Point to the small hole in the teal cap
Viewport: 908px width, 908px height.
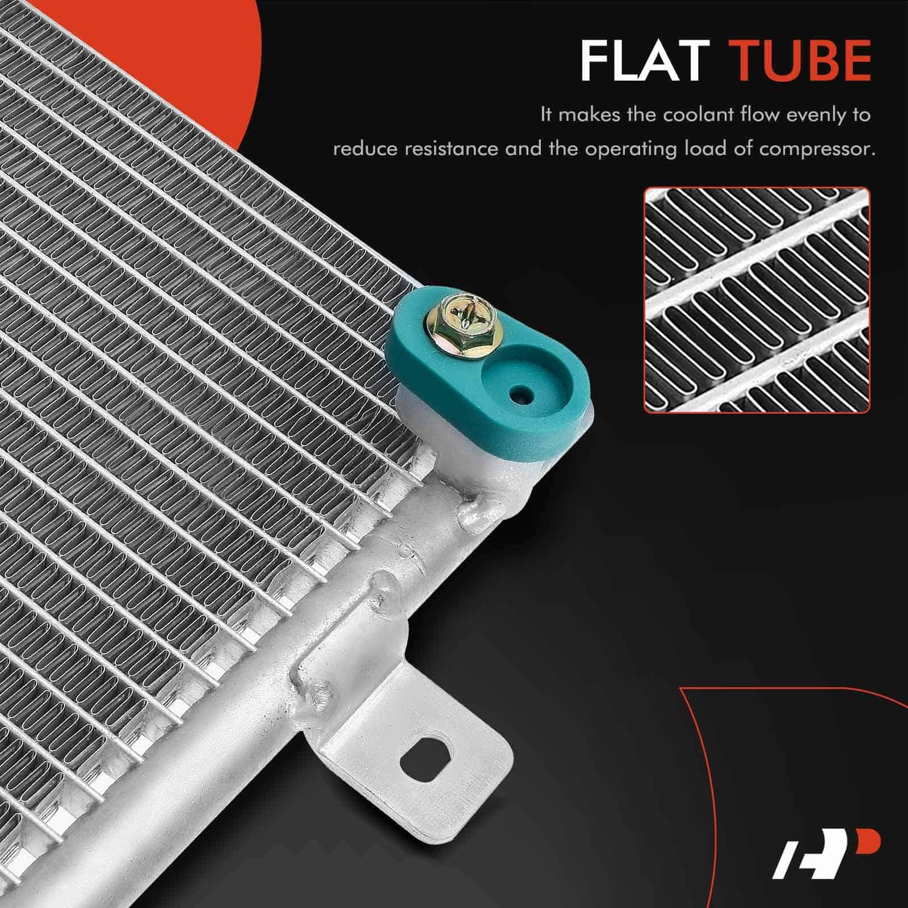516,394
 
